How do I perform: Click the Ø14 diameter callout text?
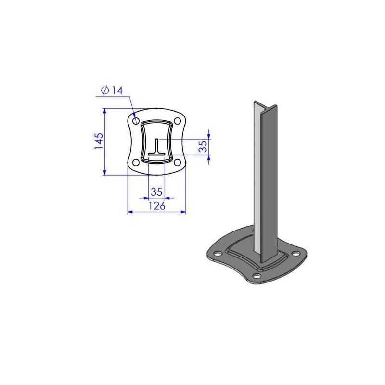pyautogui.click(x=113, y=90)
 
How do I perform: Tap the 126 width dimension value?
pyautogui.click(x=156, y=206)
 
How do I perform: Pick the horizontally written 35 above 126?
pyautogui.click(x=156, y=191)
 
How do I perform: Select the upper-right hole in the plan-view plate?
pyautogui.click(x=177, y=120)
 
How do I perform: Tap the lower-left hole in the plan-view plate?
pyautogui.click(x=136, y=162)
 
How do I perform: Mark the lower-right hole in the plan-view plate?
pyautogui.click(x=177, y=162)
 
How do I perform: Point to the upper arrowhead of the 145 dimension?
pyautogui.click(x=104, y=111)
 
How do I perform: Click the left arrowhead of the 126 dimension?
pyautogui.click(x=129, y=211)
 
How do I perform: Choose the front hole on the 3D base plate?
pyautogui.click(x=257, y=276)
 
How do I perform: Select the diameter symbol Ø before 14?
pyautogui.click(x=105, y=90)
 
